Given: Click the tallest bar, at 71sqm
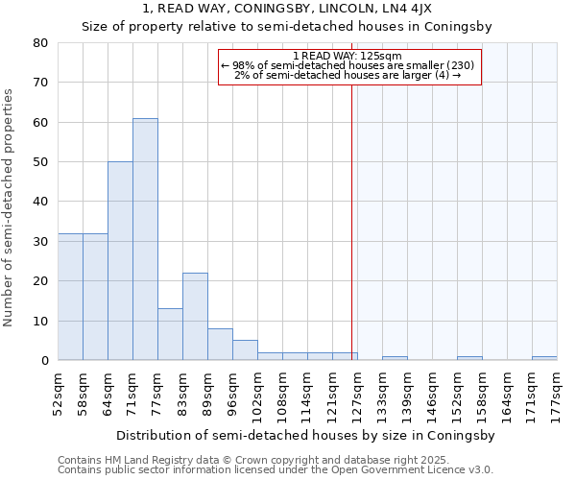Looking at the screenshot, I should tap(145, 239).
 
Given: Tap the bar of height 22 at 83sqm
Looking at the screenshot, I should tap(195, 317).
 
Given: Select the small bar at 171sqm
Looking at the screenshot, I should tap(544, 358).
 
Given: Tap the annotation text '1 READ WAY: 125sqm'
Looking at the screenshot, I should tap(348, 56).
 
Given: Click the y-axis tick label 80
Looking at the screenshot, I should tap(40, 43).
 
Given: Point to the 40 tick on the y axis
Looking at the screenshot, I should tap(40, 202).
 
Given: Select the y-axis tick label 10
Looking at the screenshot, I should tap(40, 321).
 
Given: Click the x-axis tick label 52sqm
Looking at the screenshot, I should tap(58, 394).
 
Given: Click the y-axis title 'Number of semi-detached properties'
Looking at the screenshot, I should tap(9, 206).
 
